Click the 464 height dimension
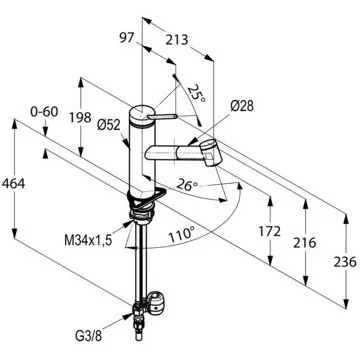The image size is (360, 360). [x=13, y=184]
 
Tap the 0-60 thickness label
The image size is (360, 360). [x=44, y=112]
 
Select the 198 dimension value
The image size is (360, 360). [x=80, y=117]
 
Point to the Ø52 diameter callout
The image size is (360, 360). [x=109, y=125]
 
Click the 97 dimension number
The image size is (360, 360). [x=127, y=38]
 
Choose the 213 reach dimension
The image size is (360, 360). [x=177, y=40]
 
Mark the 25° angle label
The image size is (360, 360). [x=197, y=93]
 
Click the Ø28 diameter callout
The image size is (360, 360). [x=242, y=106]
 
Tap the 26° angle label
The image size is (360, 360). [x=187, y=184]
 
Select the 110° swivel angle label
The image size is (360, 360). [x=181, y=236]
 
